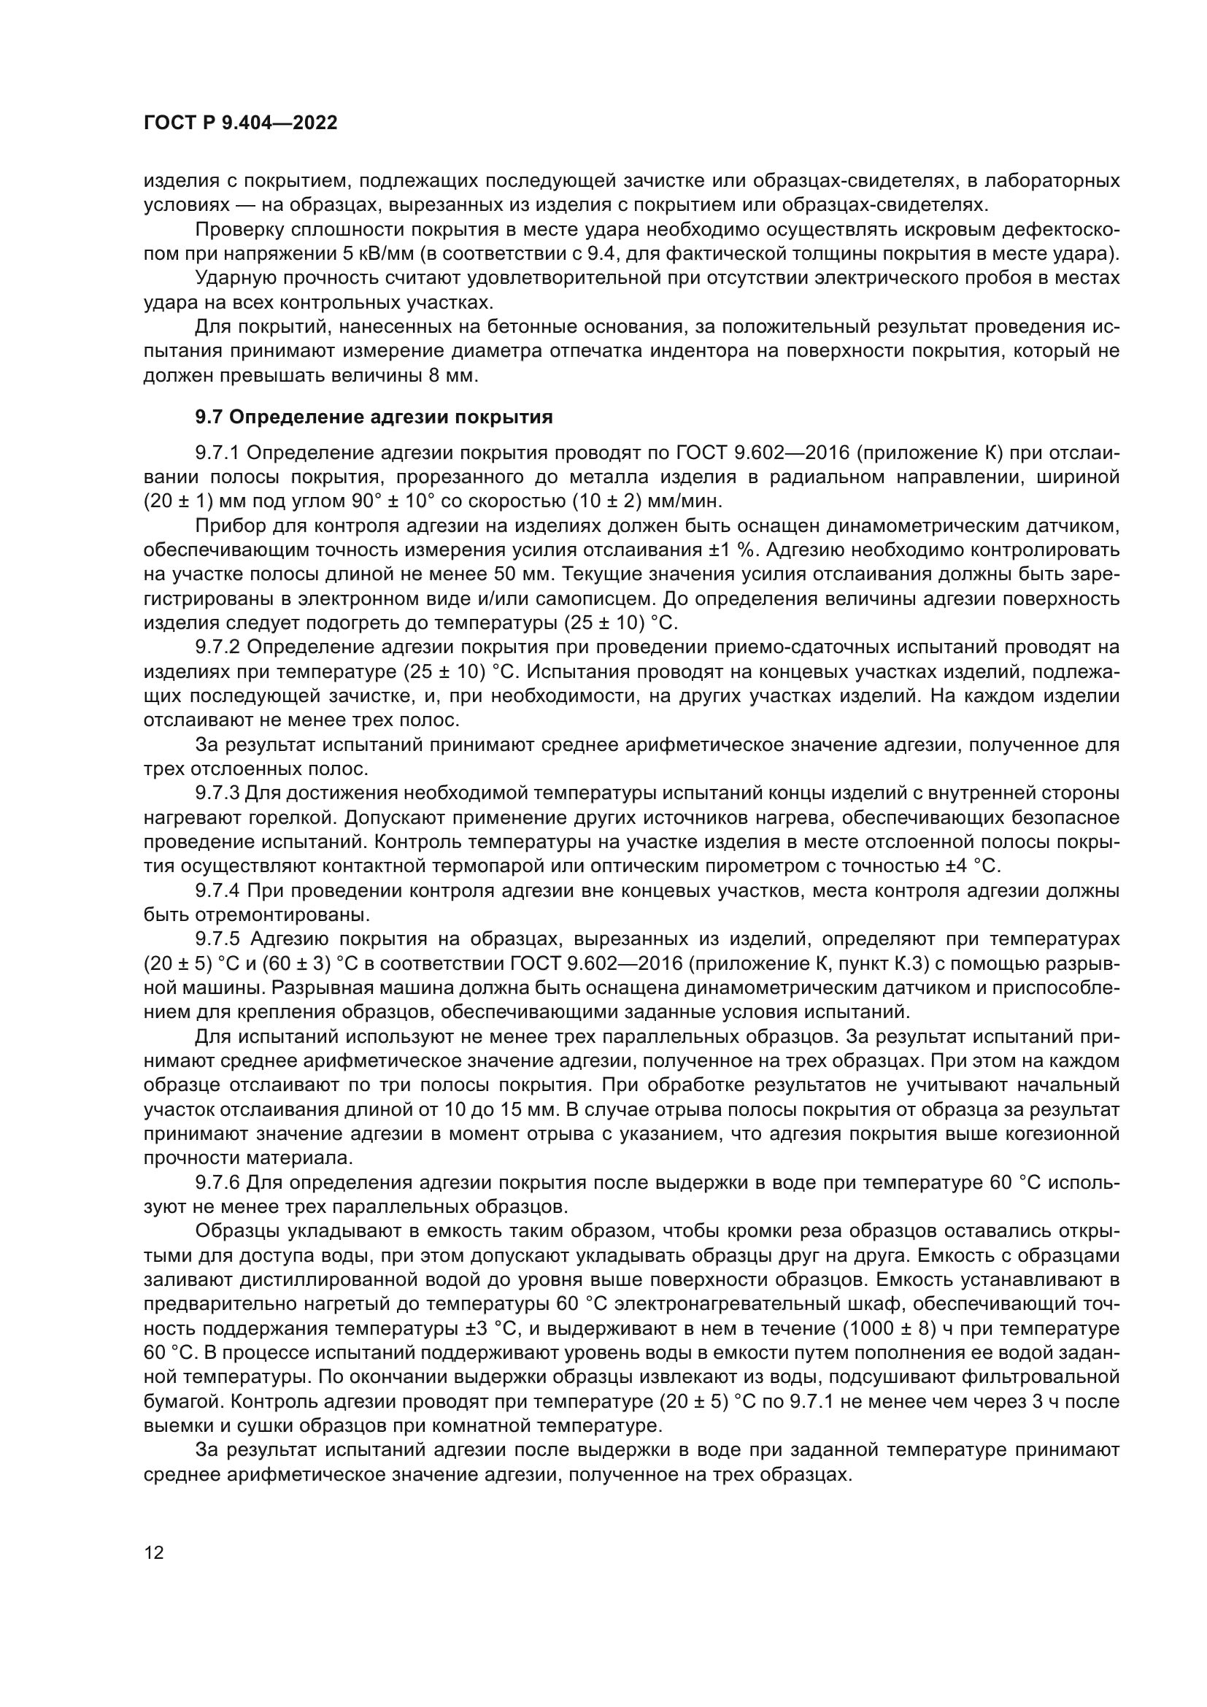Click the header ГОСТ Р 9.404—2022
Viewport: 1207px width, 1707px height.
pyautogui.click(x=240, y=123)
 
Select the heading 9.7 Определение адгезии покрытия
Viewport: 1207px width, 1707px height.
pyautogui.click(x=374, y=417)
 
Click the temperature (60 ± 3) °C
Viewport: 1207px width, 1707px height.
pyautogui.click(x=305, y=964)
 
